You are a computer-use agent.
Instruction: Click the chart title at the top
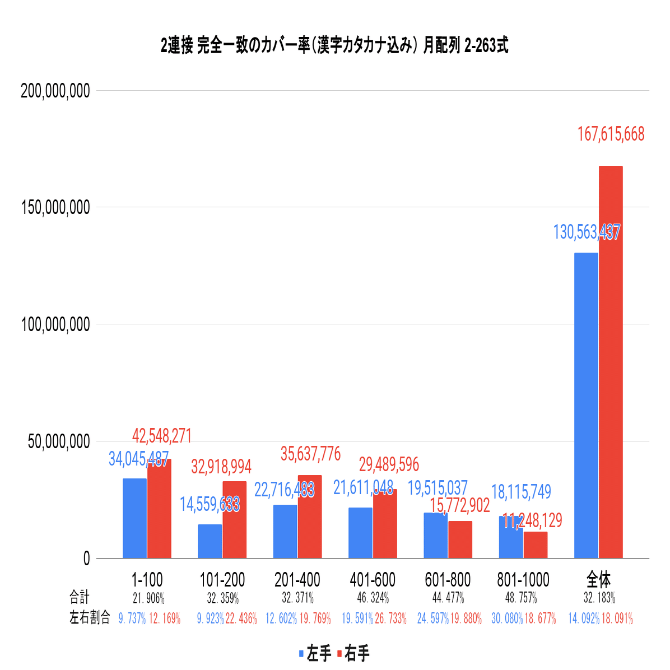[x=334, y=46]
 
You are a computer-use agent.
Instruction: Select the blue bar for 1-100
[x=134, y=518]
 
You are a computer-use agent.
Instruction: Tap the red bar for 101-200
[x=234, y=519]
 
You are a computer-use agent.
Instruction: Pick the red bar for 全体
[x=611, y=362]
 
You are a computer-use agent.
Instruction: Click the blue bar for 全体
[x=586, y=405]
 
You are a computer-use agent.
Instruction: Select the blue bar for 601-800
[x=435, y=535]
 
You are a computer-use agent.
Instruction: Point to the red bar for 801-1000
[x=536, y=545]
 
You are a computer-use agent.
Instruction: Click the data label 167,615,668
[x=611, y=134]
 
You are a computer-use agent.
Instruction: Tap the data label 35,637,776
[x=310, y=454]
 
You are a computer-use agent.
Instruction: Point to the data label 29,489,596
[x=389, y=464]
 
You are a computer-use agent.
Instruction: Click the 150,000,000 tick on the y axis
[x=55, y=207]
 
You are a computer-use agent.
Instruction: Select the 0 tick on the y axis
[x=86, y=559]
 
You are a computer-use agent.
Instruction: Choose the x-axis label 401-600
[x=373, y=580]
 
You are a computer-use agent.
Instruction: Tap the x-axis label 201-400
[x=297, y=580]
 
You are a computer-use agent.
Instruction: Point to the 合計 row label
[x=79, y=597]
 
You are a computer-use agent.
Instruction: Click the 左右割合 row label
[x=90, y=618]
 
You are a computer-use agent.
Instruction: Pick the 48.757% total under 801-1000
[x=521, y=598]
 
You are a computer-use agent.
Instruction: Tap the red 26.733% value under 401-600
[x=390, y=618]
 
